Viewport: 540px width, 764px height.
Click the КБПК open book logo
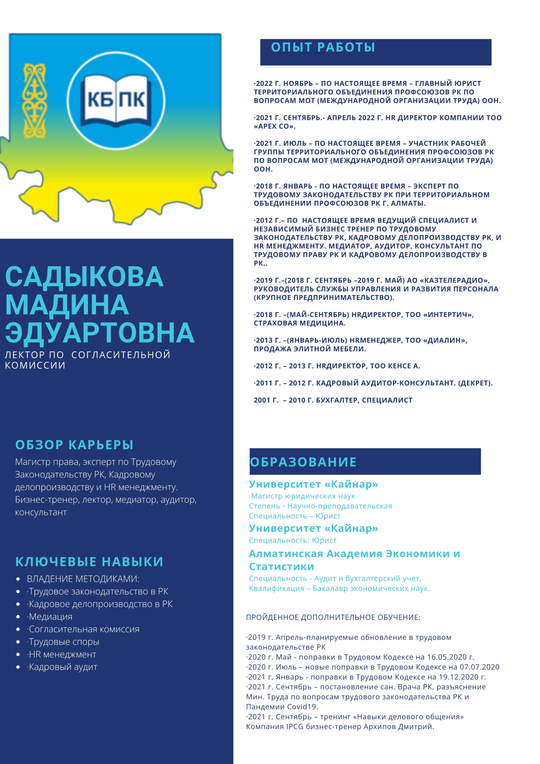coord(116,100)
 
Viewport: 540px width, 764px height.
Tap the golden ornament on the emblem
coord(34,101)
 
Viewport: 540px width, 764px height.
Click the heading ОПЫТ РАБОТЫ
coord(323,47)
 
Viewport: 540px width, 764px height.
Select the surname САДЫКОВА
coord(84,277)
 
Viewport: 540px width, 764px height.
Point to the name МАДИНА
coord(67,305)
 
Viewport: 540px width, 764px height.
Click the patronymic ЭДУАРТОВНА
coord(100,332)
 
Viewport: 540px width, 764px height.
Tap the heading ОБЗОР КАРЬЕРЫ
coord(74,445)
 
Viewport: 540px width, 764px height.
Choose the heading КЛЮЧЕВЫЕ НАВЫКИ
coord(89,562)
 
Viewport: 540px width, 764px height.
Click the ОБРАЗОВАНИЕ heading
coord(303,462)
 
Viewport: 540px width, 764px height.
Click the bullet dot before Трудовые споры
coord(18,642)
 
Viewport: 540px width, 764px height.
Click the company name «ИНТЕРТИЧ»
coord(448,315)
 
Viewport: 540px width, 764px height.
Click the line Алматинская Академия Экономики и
coord(354,554)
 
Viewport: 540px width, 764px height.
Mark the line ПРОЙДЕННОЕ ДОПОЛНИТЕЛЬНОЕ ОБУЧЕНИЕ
coord(333,617)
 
